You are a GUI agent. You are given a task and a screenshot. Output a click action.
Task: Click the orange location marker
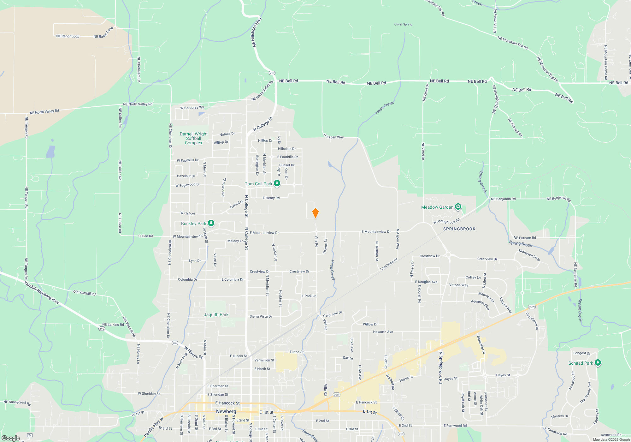click(x=315, y=213)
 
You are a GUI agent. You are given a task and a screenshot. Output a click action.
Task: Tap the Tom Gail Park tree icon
click(x=277, y=183)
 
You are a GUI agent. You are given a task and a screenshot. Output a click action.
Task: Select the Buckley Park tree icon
click(x=211, y=223)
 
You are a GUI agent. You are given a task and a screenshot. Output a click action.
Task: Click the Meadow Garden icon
click(x=458, y=207)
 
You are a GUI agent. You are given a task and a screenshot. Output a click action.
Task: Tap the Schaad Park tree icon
click(x=598, y=363)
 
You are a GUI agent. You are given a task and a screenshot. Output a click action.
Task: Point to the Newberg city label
click(x=226, y=411)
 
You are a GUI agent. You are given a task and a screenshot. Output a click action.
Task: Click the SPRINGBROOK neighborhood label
click(x=459, y=229)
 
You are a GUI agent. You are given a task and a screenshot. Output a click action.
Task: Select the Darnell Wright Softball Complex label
click(x=194, y=138)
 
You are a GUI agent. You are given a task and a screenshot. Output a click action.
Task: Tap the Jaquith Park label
click(x=216, y=314)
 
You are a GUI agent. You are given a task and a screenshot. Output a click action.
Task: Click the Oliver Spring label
click(x=403, y=24)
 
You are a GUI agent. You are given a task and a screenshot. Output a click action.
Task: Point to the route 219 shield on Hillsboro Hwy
click(x=272, y=73)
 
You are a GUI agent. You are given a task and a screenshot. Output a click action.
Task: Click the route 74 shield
click(x=30, y=435)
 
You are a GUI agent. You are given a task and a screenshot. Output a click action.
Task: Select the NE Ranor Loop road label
click(x=68, y=36)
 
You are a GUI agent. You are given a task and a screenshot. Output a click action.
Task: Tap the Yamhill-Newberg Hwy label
click(x=42, y=293)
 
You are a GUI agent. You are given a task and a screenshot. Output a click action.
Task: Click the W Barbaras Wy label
click(x=192, y=108)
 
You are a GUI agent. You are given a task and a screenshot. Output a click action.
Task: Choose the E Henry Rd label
click(x=271, y=198)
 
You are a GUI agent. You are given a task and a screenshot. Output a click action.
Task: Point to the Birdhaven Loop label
click(x=529, y=255)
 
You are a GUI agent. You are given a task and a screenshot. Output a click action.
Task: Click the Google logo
click(x=10, y=438)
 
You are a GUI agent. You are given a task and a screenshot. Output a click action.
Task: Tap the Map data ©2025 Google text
click(x=611, y=439)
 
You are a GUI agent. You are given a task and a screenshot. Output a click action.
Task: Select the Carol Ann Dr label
click(x=333, y=314)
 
